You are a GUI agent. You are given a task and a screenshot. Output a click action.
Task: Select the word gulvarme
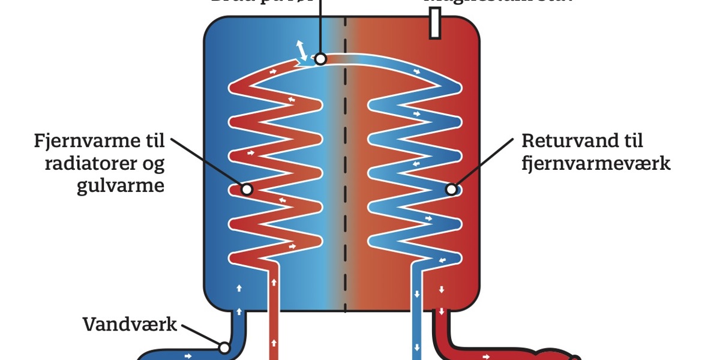point(121,186)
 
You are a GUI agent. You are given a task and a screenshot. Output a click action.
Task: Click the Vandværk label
point(130,325)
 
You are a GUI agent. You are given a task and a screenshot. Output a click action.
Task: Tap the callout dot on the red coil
point(247,189)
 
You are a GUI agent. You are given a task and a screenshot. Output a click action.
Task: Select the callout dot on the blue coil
point(452,190)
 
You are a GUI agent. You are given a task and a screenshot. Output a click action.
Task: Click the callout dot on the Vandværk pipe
point(224,347)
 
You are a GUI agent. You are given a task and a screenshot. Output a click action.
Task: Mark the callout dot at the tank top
point(320,59)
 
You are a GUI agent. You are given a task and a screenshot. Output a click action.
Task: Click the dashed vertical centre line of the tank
point(346,180)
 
